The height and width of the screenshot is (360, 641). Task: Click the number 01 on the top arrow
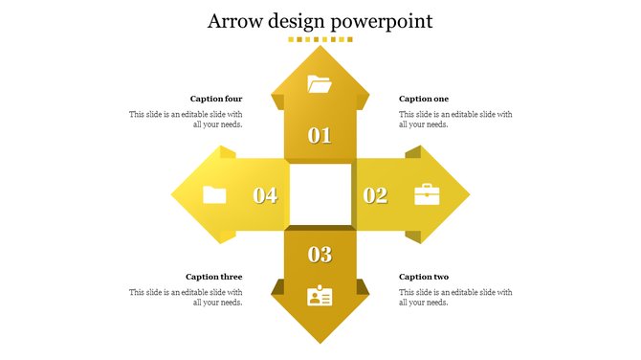coord(320,136)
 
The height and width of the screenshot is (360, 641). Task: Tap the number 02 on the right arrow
coord(375,195)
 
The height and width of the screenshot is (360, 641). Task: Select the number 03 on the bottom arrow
coord(320,255)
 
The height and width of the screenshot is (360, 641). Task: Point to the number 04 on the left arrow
coord(265,195)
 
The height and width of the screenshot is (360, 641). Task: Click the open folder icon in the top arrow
coord(320,84)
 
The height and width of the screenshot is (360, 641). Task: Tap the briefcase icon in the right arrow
coord(427,195)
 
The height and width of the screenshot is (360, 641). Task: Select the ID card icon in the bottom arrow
coord(320,296)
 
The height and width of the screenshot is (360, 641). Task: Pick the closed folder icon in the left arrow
coord(214,195)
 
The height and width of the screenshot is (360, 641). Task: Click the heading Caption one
coord(423,99)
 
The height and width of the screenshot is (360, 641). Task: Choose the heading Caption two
coord(423,277)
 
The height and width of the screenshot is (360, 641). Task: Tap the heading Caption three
coord(214,277)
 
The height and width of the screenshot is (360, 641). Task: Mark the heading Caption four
coord(216,99)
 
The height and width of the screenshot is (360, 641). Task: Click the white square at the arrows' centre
coord(320,194)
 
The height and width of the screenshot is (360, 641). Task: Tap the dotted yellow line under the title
coord(320,40)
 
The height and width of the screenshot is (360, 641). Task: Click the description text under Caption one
coord(455,119)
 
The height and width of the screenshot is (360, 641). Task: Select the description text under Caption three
coord(187,297)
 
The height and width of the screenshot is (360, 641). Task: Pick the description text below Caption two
coord(455,297)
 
